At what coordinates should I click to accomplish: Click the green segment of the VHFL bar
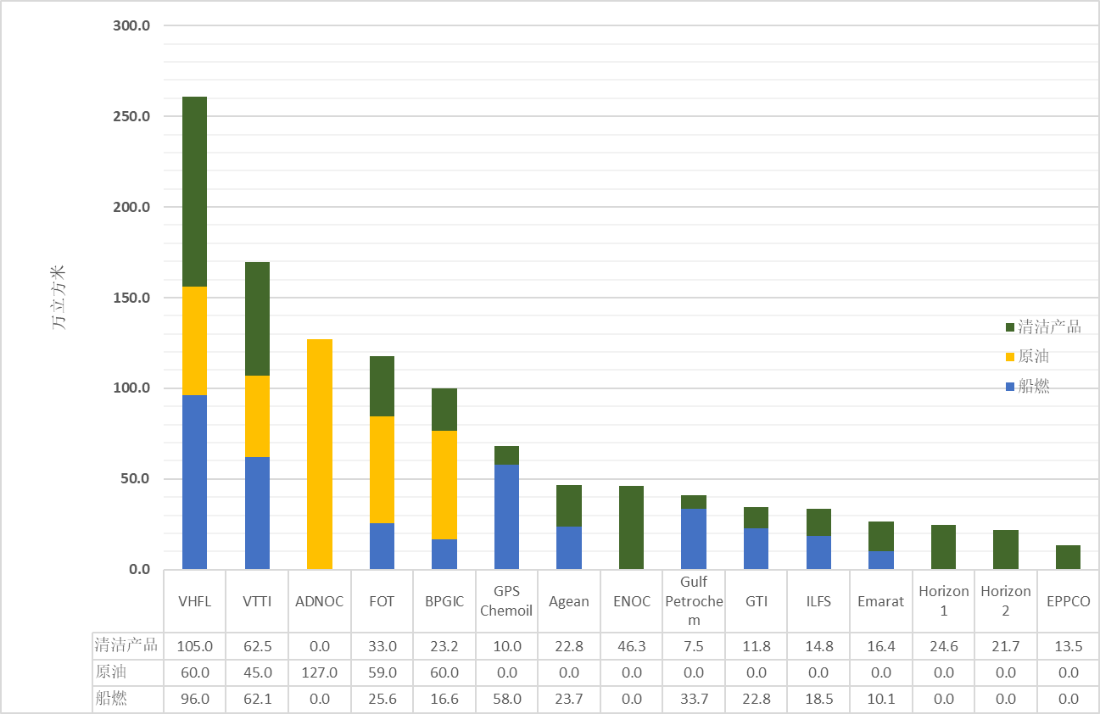(195, 192)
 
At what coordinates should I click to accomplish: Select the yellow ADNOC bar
(320, 454)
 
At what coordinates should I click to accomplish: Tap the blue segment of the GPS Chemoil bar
(506, 516)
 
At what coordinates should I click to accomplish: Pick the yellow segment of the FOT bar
(382, 470)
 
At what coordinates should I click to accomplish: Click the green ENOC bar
(631, 527)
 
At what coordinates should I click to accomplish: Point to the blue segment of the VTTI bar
(257, 513)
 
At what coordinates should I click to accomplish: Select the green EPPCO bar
(1068, 557)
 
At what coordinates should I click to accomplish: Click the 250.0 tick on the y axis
(131, 116)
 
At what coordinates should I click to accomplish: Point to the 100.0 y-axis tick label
(131, 388)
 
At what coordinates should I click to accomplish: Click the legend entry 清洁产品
(1049, 327)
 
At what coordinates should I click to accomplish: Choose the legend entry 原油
(1036, 356)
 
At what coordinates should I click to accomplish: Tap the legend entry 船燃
(1036, 386)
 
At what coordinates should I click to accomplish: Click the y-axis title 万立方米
(59, 298)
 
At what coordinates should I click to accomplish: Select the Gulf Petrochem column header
(694, 601)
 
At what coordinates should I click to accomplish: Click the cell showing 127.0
(320, 672)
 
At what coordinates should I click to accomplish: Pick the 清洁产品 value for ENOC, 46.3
(632, 646)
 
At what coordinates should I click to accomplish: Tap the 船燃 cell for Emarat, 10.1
(881, 699)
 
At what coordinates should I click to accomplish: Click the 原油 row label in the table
(111, 672)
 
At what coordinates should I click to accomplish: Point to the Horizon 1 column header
(944, 601)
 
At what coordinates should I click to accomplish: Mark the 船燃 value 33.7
(694, 699)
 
